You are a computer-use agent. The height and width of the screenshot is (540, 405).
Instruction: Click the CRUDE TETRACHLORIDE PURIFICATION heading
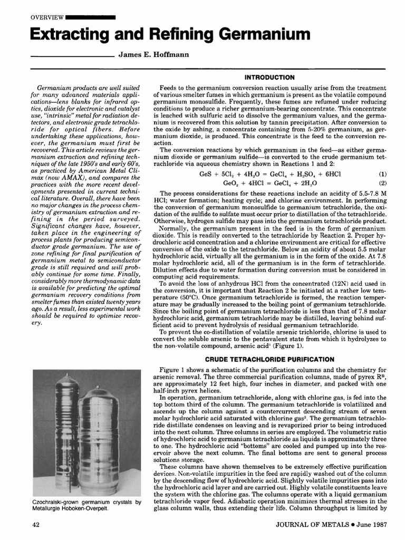(269, 359)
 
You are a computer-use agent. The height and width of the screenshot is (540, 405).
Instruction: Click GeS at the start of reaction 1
(206, 173)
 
